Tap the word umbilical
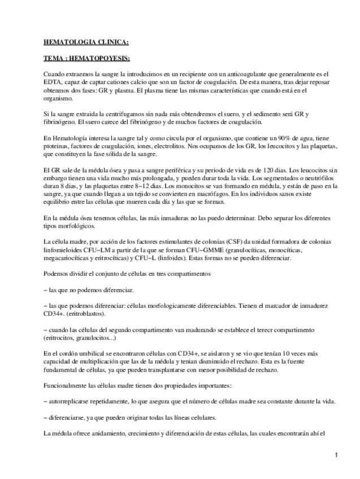(93, 352)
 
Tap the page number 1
(336, 455)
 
